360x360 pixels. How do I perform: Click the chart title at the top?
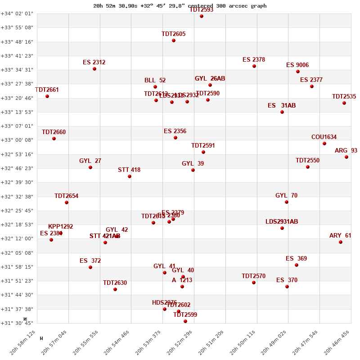tap(180, 6)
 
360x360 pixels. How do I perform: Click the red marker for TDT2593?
tap(202, 16)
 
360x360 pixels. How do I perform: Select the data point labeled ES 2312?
tap(94, 69)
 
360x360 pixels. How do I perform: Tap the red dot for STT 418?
tap(130, 176)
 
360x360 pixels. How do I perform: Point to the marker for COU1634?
tap(324, 144)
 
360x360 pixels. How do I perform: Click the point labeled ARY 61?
tap(341, 242)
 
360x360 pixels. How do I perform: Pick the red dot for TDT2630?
tap(115, 289)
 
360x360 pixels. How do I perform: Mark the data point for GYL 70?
tap(287, 202)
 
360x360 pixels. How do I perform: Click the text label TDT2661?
tap(47, 90)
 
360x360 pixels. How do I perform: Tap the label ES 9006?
tap(297, 65)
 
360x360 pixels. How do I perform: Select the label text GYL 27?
tap(90, 161)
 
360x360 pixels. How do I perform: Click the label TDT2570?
tap(253, 276)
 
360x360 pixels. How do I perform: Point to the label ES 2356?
tap(175, 131)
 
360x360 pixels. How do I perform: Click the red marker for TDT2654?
tap(67, 202)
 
